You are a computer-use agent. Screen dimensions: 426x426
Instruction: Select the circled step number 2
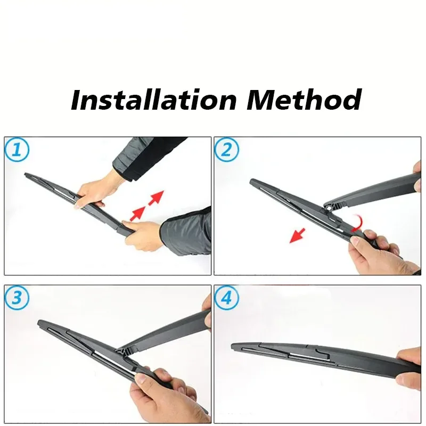(227, 151)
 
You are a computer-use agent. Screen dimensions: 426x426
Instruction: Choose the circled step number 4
(227, 299)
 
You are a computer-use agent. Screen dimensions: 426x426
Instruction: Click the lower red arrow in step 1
(138, 212)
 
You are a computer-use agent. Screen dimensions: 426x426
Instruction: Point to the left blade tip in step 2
(252, 182)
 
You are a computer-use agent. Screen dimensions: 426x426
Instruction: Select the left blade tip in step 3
(40, 323)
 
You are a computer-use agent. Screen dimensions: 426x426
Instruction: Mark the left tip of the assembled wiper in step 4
(234, 347)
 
